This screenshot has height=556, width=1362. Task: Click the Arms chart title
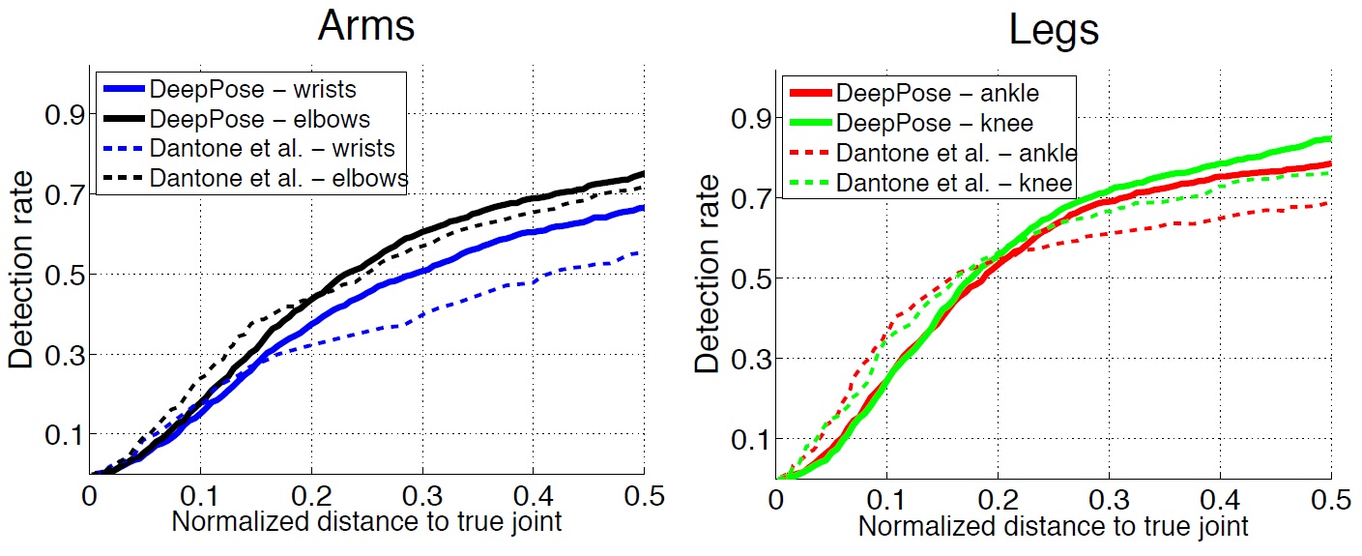(x=366, y=26)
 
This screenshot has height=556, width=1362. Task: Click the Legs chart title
(x=1054, y=30)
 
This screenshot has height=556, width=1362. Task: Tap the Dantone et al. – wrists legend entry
(x=272, y=149)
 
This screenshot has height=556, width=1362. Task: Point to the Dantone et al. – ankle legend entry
(x=956, y=153)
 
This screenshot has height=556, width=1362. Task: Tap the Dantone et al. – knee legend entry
(x=951, y=183)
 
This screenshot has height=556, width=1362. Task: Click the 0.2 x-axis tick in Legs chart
(x=999, y=500)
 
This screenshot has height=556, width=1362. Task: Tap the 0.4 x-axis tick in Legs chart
(x=1221, y=500)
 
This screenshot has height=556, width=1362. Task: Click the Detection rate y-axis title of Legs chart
(x=709, y=276)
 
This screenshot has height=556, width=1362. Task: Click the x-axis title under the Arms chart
(x=366, y=523)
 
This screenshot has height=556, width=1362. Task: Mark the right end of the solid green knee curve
(x=1330, y=139)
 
